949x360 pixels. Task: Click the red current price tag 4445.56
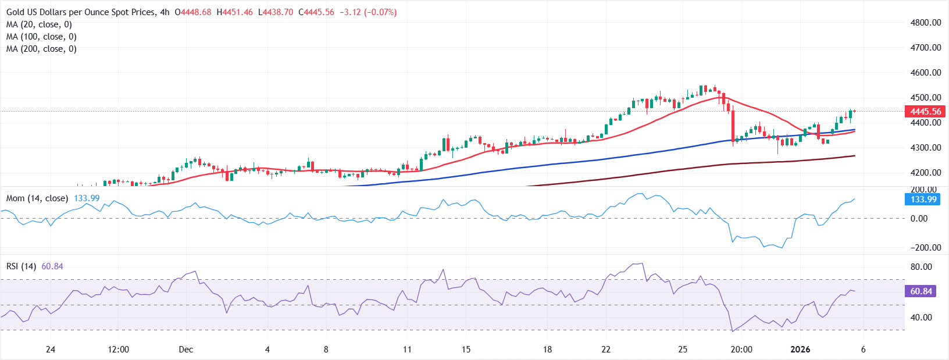pos(925,112)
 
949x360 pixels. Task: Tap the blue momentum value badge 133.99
pos(923,199)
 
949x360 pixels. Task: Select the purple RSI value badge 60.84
pos(921,291)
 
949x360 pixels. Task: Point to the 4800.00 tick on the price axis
pos(926,23)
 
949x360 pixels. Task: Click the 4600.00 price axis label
pos(926,73)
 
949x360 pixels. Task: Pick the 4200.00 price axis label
pos(926,173)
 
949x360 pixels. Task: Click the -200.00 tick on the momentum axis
pos(926,248)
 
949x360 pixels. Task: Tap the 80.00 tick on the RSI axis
pos(921,267)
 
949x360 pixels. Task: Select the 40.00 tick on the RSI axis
pos(921,318)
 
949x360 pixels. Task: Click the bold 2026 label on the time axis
pos(800,350)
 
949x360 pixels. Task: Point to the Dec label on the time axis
pos(186,350)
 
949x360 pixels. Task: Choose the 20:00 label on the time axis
pos(741,350)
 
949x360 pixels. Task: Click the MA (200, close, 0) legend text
pos(41,49)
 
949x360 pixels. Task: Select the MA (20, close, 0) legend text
pos(39,24)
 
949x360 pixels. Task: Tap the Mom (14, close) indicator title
pos(37,198)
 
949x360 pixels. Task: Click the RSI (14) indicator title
pos(21,266)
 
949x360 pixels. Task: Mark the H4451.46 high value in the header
pos(234,12)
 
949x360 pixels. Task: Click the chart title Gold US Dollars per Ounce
pos(81,12)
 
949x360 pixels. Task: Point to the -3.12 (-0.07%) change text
pos(368,12)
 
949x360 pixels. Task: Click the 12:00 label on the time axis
pos(119,350)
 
